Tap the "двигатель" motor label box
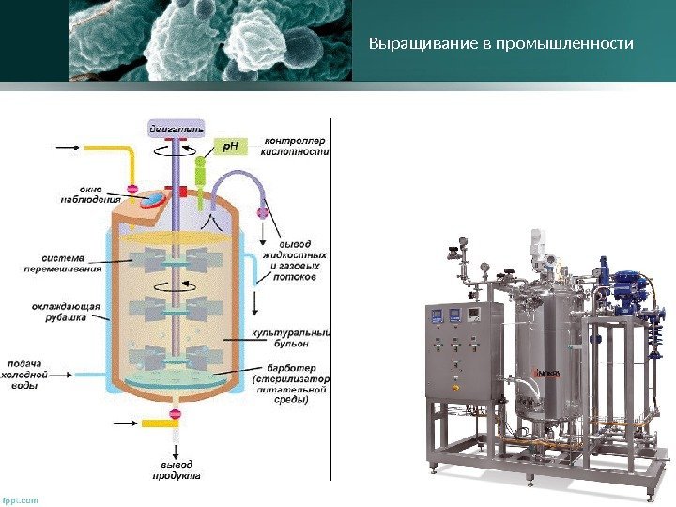tap(177, 126)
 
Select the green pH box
tap(232, 146)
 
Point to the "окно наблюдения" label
tap(85, 192)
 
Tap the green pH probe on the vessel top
tap(199, 171)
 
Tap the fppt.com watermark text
tap(21, 499)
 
